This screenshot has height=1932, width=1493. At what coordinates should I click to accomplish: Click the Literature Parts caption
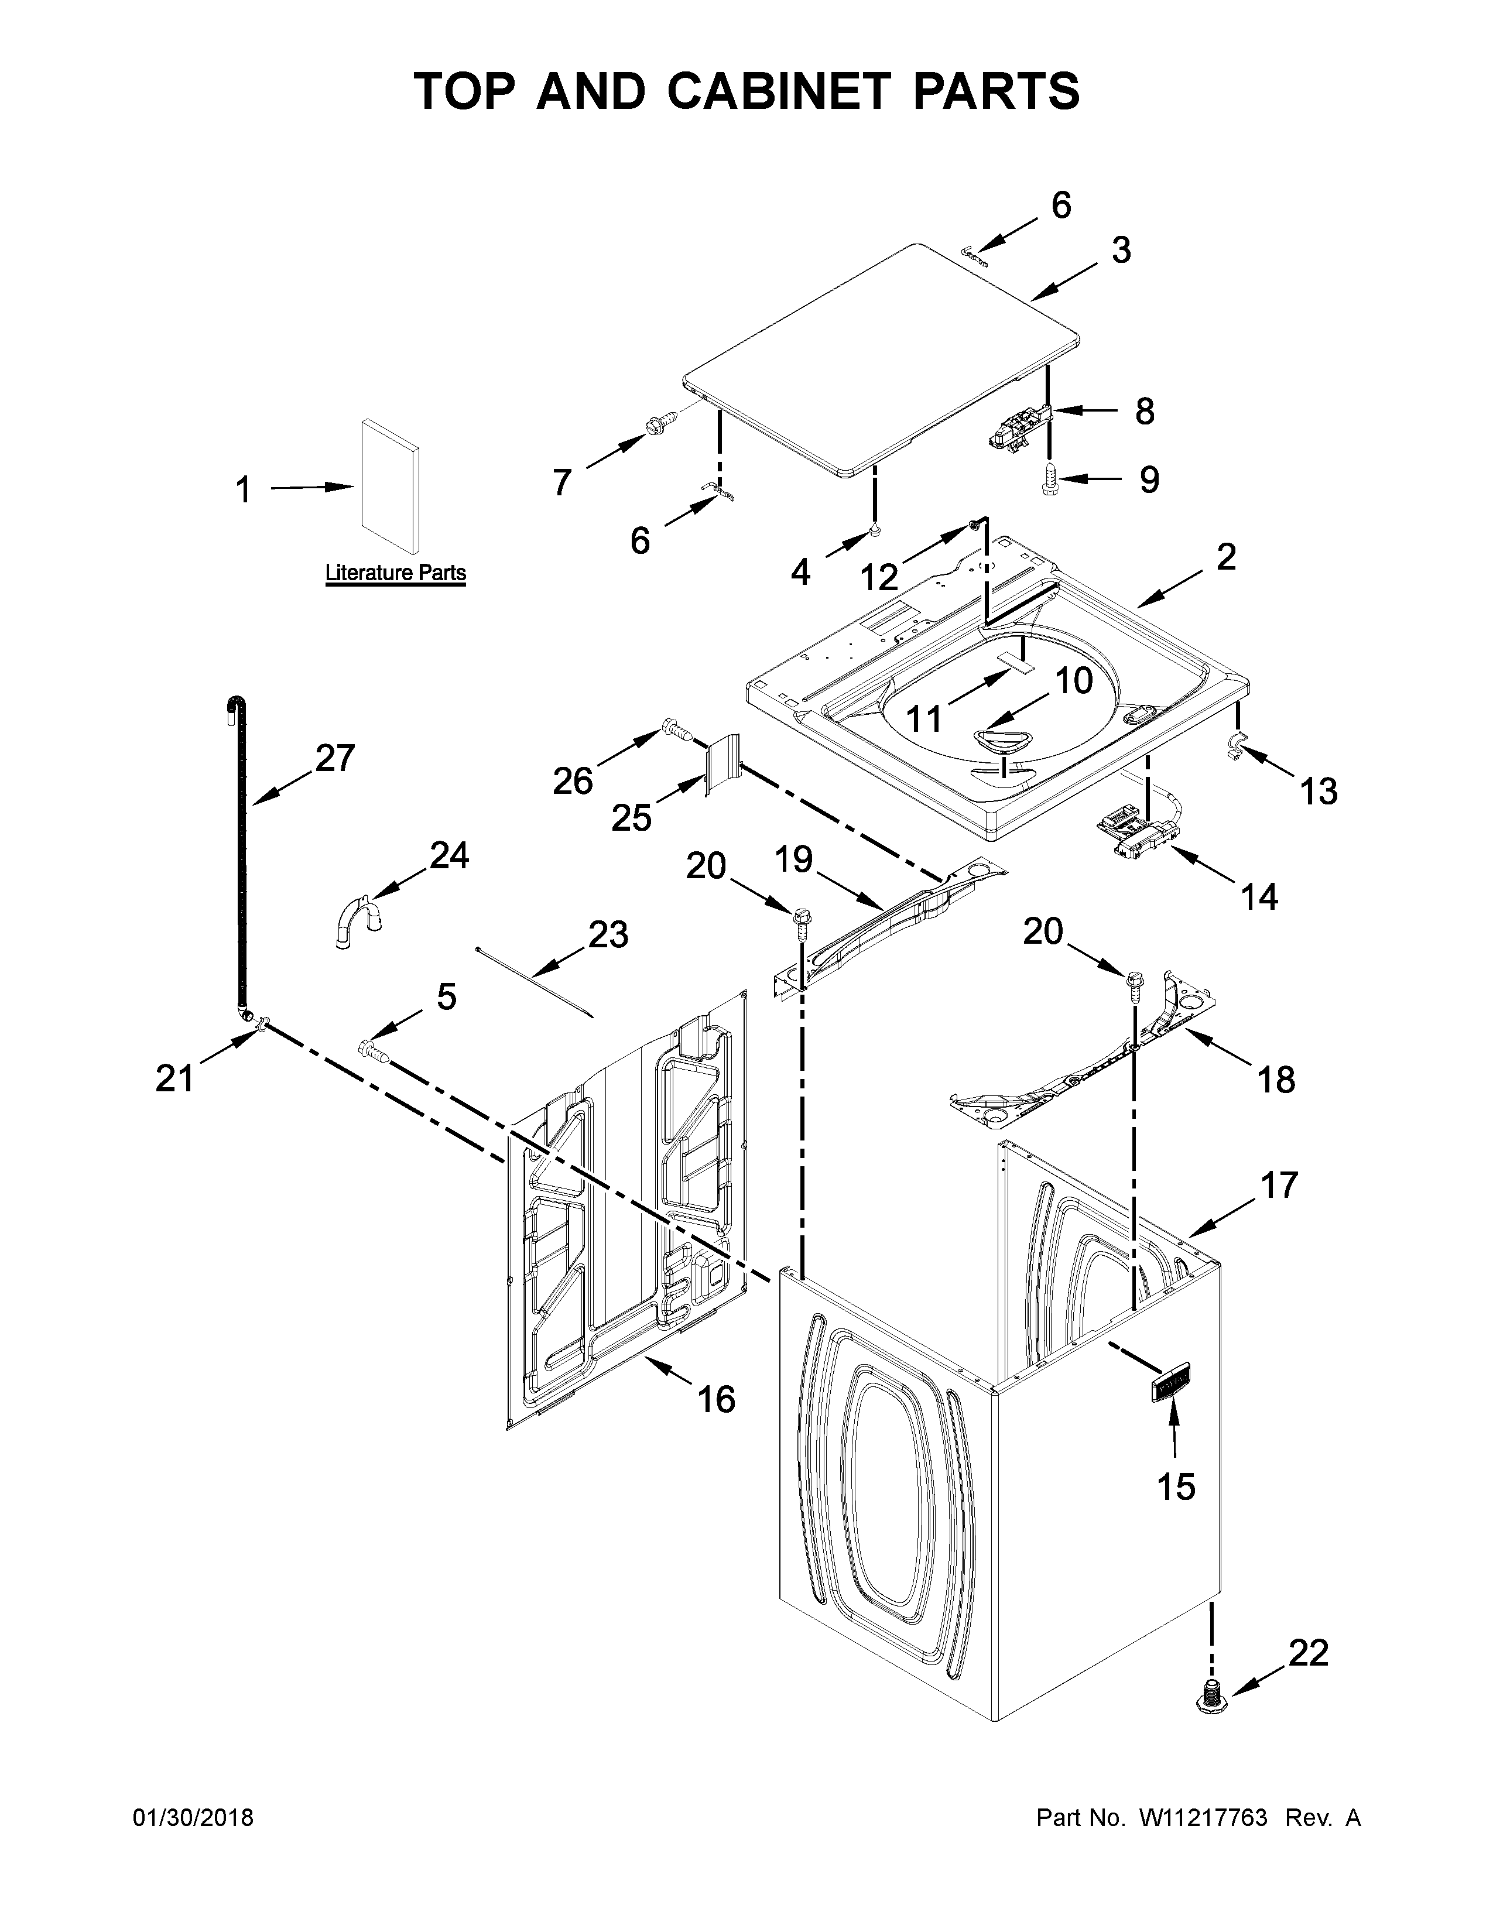click(395, 573)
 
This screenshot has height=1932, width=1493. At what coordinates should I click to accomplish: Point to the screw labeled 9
click(1050, 478)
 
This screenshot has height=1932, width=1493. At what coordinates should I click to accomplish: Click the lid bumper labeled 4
click(874, 531)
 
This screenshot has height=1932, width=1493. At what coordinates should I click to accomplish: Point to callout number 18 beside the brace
click(1275, 1079)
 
